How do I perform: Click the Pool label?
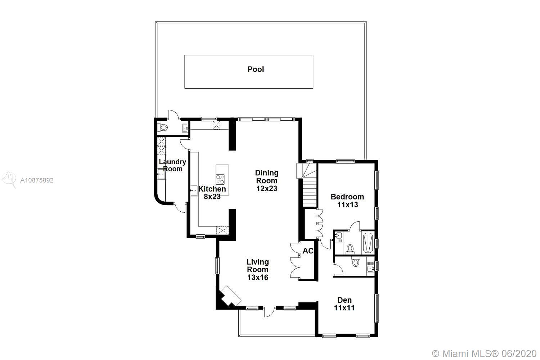click(x=256, y=69)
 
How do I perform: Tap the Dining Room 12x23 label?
click(x=267, y=181)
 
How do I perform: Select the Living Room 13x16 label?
click(x=258, y=270)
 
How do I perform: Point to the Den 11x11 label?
click(x=345, y=304)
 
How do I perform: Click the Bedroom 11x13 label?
click(x=347, y=201)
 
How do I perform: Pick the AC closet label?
click(x=308, y=251)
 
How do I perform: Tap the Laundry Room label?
click(x=172, y=165)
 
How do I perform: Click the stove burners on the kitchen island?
click(x=220, y=179)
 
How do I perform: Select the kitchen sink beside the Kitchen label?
click(x=194, y=190)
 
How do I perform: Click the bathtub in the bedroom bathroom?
click(x=368, y=243)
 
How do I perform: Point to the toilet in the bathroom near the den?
click(x=356, y=261)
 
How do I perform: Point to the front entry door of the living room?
click(x=269, y=312)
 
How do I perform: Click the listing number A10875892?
click(x=37, y=180)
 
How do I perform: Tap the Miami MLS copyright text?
click(x=484, y=354)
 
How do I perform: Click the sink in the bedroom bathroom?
click(x=339, y=235)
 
